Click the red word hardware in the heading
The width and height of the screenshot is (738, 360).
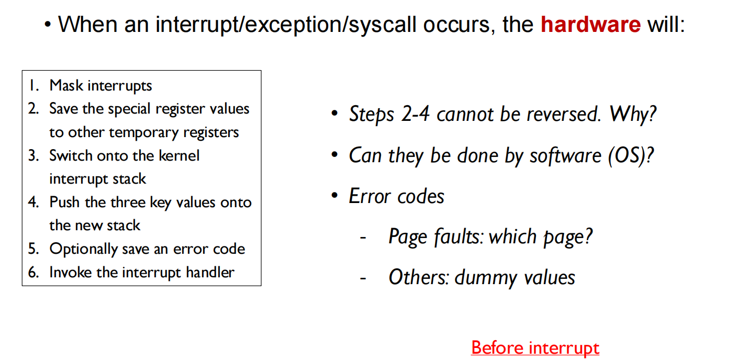[590, 25]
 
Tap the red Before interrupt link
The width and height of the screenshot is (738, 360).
[535, 348]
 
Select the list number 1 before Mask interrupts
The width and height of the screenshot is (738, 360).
[33, 86]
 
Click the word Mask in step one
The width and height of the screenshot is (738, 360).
[66, 86]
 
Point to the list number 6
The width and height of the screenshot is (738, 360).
[33, 273]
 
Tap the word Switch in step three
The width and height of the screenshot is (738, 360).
[71, 155]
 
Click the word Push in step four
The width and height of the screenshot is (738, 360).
[64, 202]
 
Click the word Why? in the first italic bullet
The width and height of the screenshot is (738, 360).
[633, 114]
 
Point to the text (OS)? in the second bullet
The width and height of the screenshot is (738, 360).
[631, 156]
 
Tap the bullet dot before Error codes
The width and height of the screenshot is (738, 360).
[335, 196]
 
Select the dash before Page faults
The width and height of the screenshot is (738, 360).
[363, 237]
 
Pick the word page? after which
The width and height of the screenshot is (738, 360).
[568, 237]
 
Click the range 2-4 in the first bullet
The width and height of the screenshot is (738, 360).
[416, 114]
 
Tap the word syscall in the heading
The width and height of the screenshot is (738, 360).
[382, 25]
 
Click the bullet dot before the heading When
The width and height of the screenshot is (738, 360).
[48, 25]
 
